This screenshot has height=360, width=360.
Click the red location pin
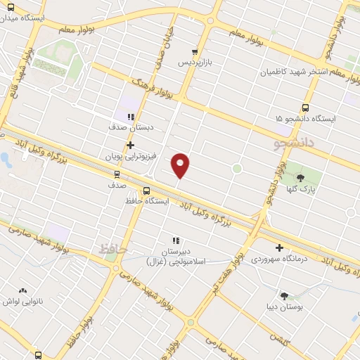pos(181,165)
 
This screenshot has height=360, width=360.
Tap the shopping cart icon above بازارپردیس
pos(195,51)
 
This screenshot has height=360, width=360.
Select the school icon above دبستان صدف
pos(130,117)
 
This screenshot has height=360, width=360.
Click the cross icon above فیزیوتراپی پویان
pos(130,145)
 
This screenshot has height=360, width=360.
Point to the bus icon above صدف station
pos(117,174)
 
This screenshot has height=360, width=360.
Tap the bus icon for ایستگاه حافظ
pos(146,190)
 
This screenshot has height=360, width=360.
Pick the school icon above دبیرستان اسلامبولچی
pos(175,240)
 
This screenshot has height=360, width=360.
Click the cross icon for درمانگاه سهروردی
pos(280,247)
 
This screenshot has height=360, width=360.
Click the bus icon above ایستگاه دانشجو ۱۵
pos(304,108)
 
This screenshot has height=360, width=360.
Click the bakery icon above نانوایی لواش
pos(22,290)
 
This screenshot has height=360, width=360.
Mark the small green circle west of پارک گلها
pos(237,168)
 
